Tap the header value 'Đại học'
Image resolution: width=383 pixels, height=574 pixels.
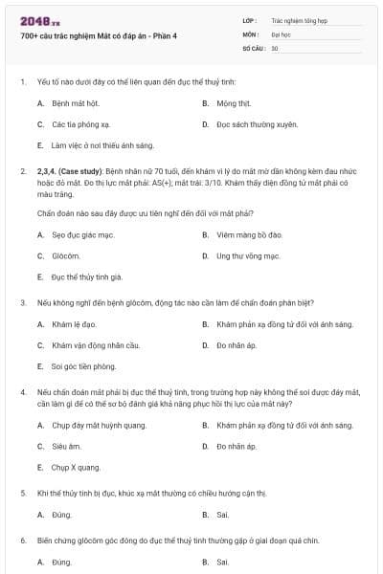point(275,33)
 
